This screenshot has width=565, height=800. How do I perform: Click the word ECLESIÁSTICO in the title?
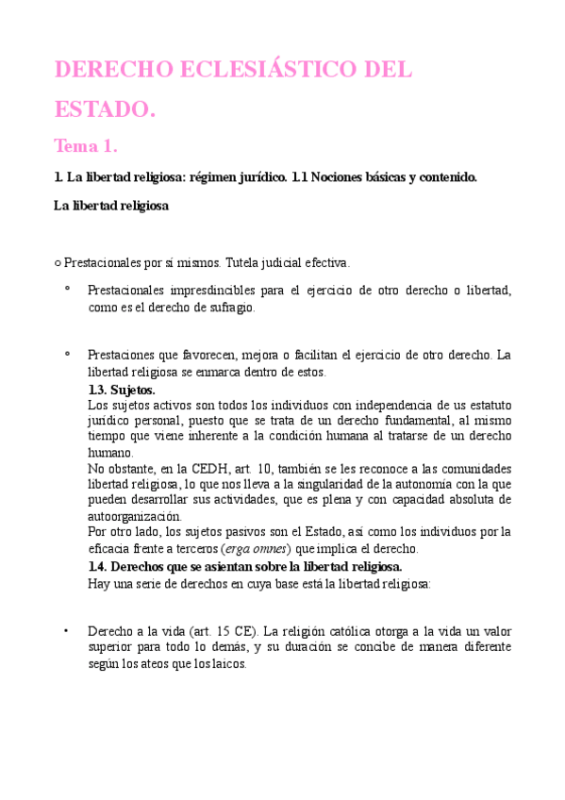point(252,71)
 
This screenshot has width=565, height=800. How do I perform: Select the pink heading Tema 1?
point(85,146)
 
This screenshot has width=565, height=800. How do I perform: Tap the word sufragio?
point(229,308)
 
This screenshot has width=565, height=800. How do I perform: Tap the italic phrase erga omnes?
point(256,549)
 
